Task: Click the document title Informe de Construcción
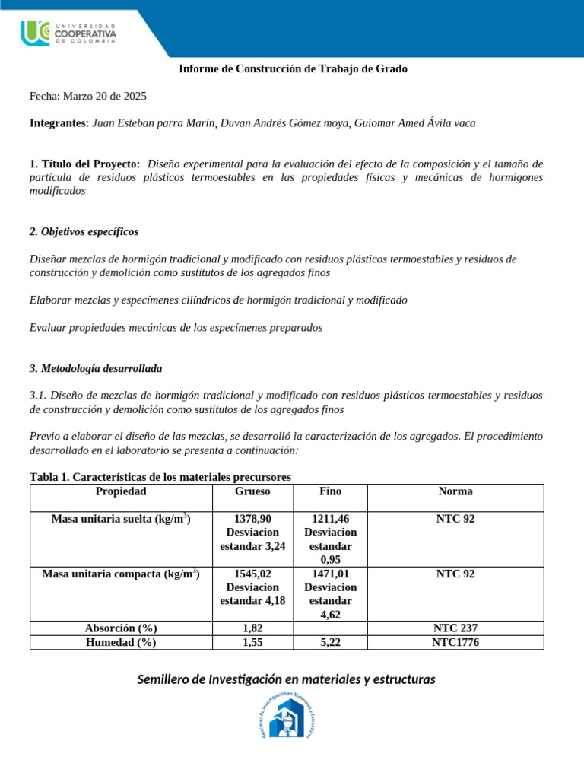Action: [293, 68]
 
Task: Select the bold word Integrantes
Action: [59, 122]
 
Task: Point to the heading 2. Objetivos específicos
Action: [84, 231]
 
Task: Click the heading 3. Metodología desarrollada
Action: [96, 368]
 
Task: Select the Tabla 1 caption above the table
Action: [160, 477]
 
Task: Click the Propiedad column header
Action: [121, 491]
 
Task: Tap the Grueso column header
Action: [252, 491]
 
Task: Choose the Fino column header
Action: [330, 491]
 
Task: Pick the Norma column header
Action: [455, 491]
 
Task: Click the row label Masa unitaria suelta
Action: [121, 519]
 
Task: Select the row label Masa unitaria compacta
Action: [121, 574]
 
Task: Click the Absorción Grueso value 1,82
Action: [252, 628]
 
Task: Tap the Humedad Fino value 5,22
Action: [330, 642]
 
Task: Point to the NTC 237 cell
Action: [455, 628]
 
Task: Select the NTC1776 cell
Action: [455, 642]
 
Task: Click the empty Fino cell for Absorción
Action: [330, 628]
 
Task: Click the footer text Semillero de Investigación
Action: [286, 679]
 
